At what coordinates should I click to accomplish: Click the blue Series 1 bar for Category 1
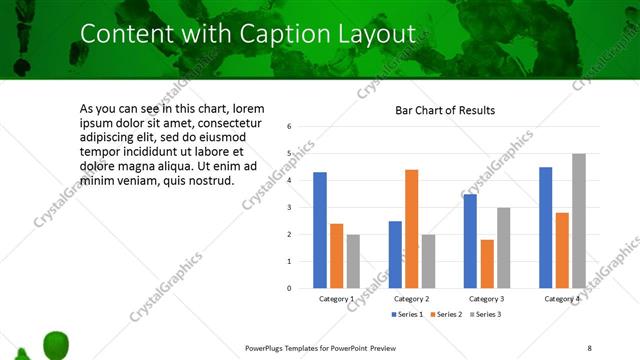[320, 230]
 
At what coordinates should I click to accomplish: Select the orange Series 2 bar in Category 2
[412, 229]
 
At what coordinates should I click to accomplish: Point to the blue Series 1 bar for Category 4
[545, 227]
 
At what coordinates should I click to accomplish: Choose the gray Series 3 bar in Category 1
[353, 261]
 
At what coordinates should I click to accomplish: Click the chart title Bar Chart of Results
[445, 109]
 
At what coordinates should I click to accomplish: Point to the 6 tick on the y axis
[289, 127]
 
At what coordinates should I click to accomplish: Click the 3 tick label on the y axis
[289, 208]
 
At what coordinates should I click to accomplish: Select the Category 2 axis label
[411, 299]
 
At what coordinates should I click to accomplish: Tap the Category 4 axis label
[561, 299]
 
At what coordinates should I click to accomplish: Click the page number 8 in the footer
[589, 347]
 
